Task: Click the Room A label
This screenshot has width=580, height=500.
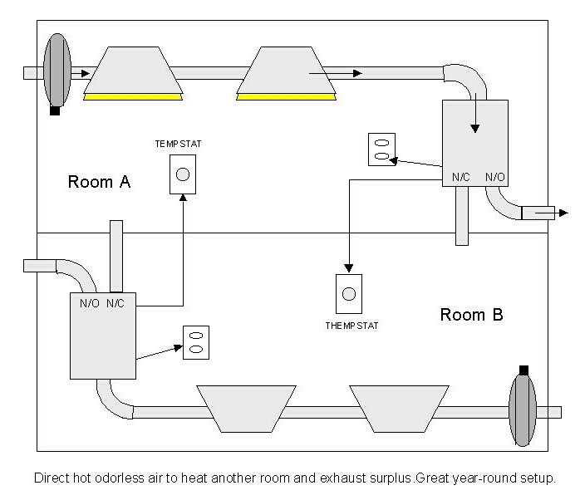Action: tap(99, 182)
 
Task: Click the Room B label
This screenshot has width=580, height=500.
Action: tap(471, 315)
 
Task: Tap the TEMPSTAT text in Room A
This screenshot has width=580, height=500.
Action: tap(178, 144)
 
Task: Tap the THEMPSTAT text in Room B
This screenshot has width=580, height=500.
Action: tap(351, 326)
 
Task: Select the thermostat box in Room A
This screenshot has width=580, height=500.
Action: tap(183, 174)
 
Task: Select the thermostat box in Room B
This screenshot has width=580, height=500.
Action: tap(349, 294)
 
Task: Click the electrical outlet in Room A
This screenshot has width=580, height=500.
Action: tap(381, 149)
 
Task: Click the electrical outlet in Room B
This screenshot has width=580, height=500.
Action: tap(196, 342)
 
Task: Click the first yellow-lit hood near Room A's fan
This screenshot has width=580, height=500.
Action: tap(133, 73)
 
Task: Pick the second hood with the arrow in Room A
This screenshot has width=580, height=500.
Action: tap(287, 73)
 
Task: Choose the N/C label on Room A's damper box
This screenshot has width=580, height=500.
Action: tap(461, 177)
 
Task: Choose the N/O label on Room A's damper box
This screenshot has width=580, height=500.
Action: tap(494, 177)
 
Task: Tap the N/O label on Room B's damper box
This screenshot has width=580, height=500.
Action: tap(90, 303)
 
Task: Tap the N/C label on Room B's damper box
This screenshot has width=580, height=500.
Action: tap(115, 303)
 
